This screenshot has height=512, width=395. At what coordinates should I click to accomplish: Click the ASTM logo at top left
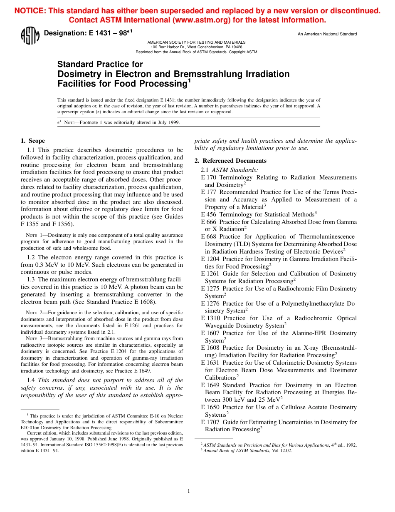pos(30,35)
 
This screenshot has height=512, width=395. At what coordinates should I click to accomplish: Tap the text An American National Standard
pos(327,34)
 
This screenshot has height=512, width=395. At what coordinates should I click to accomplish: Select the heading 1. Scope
pos(33,141)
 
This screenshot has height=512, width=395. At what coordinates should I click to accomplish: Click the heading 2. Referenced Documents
pos(230,161)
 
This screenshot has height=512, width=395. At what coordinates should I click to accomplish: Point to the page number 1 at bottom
pos(189,491)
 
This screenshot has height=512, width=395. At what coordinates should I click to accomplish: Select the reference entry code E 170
pos(209,177)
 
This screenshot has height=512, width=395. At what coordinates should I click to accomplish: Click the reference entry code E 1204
pos(211,259)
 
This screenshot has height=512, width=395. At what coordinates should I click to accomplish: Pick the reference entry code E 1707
pos(211,422)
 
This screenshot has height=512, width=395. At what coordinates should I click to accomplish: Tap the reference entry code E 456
pos(209,214)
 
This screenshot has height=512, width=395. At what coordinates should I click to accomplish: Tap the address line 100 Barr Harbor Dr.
pos(196,47)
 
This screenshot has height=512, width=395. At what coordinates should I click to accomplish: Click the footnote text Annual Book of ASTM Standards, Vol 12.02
pos(247,450)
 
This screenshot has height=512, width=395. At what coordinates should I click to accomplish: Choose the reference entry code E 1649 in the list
pos(211,385)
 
